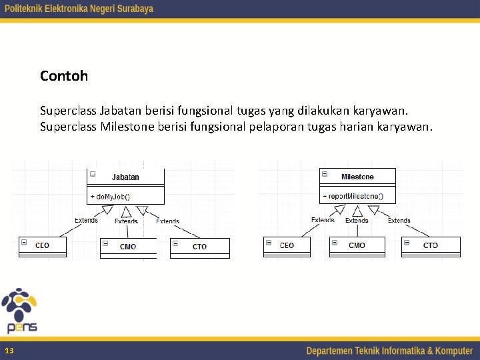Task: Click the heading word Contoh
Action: (64, 76)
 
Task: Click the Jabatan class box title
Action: (125, 177)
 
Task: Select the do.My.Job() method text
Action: (110, 197)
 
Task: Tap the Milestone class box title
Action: (357, 177)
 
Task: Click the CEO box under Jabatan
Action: (42, 246)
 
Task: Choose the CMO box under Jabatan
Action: (128, 247)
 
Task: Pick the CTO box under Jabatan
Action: (199, 247)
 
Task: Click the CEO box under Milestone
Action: (287, 245)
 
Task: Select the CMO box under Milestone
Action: (357, 245)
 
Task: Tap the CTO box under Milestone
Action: (431, 245)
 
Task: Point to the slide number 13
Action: (9, 351)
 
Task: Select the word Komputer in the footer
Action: (451, 351)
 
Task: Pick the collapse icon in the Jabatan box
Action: (93, 174)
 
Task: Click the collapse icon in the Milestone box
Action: (325, 174)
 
